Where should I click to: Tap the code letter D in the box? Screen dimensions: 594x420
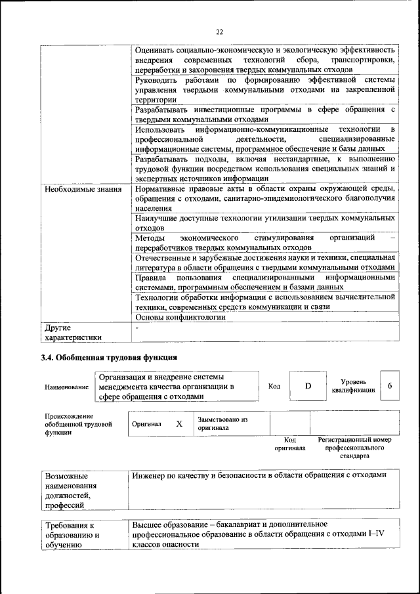(x=307, y=386)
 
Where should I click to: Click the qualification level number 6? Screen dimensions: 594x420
(x=390, y=386)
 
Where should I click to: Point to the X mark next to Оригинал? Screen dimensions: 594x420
(x=178, y=424)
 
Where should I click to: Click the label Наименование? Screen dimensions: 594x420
(x=66, y=387)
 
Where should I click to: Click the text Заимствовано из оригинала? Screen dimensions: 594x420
(x=222, y=423)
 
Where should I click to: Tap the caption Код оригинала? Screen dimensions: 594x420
(x=290, y=444)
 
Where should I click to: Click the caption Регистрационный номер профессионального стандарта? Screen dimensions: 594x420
(x=354, y=447)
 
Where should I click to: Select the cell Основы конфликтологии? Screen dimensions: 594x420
(x=180, y=316)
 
